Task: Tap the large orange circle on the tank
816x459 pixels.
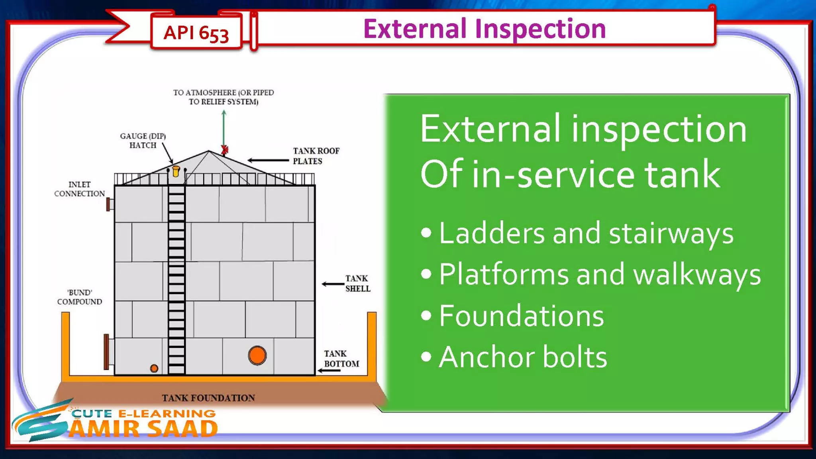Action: click(x=257, y=355)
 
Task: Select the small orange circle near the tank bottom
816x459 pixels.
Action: click(x=154, y=368)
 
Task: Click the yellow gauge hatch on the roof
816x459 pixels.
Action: click(x=176, y=171)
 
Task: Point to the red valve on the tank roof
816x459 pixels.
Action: click(x=225, y=149)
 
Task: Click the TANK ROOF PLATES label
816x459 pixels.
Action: click(x=316, y=156)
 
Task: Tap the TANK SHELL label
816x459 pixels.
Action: click(x=357, y=283)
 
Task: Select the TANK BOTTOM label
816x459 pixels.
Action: click(x=341, y=359)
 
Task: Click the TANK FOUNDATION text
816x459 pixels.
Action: click(x=208, y=398)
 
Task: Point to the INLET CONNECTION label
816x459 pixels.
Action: click(x=79, y=189)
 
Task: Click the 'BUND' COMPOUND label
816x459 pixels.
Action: click(x=79, y=297)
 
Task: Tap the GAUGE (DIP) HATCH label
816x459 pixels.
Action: click(x=143, y=141)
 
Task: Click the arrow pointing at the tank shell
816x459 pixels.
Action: click(x=333, y=284)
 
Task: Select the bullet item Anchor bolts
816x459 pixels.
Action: click(x=522, y=357)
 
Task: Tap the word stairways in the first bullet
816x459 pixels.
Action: click(x=671, y=234)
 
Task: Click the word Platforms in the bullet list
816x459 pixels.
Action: click(x=504, y=275)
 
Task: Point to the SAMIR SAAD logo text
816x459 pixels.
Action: click(x=143, y=429)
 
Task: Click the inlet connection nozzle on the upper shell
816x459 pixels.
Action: click(x=110, y=204)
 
